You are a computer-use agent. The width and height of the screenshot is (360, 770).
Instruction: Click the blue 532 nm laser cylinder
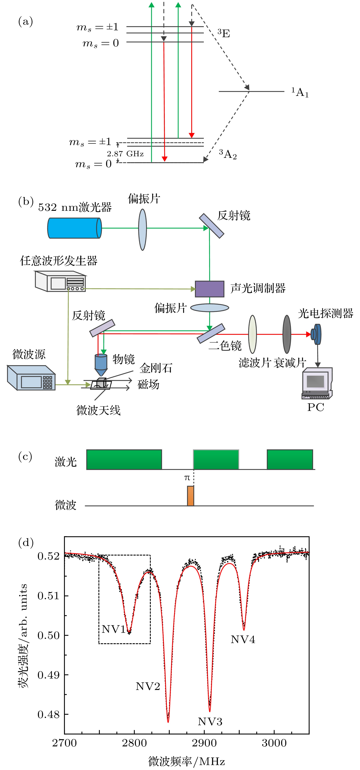coord(75,228)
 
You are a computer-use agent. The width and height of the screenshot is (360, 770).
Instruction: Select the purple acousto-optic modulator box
coord(209,289)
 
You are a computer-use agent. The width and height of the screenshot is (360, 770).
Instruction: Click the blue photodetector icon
coord(316,334)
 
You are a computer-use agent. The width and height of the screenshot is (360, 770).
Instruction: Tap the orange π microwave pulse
coord(190,496)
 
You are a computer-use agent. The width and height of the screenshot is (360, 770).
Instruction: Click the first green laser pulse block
coord(124,460)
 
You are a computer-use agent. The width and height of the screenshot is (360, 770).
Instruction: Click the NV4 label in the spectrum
coord(243,639)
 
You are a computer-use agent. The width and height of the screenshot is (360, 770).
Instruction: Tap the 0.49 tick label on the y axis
coord(48,675)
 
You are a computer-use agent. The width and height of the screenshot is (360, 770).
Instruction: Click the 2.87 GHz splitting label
coord(125,154)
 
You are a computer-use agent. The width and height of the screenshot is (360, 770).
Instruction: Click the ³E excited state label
coord(224,33)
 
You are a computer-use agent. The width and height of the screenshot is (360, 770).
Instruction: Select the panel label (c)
coord(25,456)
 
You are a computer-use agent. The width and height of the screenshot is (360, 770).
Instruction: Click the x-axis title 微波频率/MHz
coord(187,761)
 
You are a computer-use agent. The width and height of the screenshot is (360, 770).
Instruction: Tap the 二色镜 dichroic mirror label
coord(225,346)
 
